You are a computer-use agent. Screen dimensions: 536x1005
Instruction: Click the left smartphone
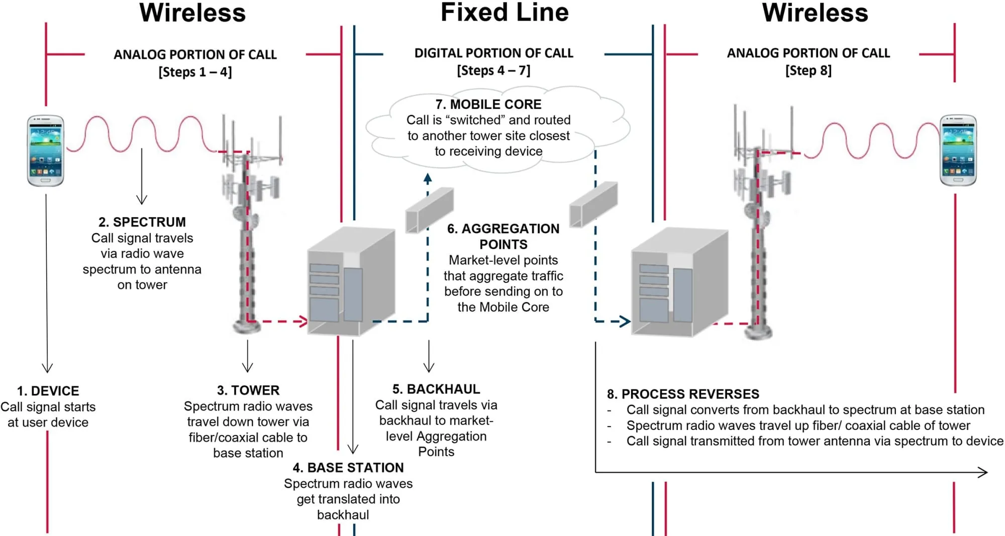(x=46, y=151)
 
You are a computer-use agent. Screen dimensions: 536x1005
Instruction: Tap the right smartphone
(x=958, y=150)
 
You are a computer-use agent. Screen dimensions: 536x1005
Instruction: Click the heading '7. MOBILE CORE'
(x=488, y=104)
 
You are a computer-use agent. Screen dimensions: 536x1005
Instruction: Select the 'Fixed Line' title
(x=505, y=13)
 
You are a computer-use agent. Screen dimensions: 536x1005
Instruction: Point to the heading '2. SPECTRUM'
(x=142, y=222)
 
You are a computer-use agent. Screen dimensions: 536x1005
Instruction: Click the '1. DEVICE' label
(x=48, y=391)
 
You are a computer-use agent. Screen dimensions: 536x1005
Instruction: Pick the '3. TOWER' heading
(x=248, y=390)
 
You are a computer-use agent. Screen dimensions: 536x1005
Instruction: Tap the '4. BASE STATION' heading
(x=348, y=468)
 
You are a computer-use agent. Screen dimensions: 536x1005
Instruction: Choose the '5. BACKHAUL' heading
(x=436, y=389)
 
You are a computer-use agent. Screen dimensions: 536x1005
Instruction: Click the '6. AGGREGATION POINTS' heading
(x=503, y=237)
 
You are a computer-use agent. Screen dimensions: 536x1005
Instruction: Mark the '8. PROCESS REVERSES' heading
(x=683, y=394)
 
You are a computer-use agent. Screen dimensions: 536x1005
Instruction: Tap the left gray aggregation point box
(x=430, y=210)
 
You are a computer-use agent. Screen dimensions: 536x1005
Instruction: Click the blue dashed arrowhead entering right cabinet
(x=625, y=321)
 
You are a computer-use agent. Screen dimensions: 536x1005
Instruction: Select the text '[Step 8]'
(x=808, y=71)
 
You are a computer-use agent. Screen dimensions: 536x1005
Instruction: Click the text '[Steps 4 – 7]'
(x=493, y=71)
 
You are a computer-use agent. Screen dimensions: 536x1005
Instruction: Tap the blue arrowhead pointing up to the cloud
(x=428, y=177)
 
